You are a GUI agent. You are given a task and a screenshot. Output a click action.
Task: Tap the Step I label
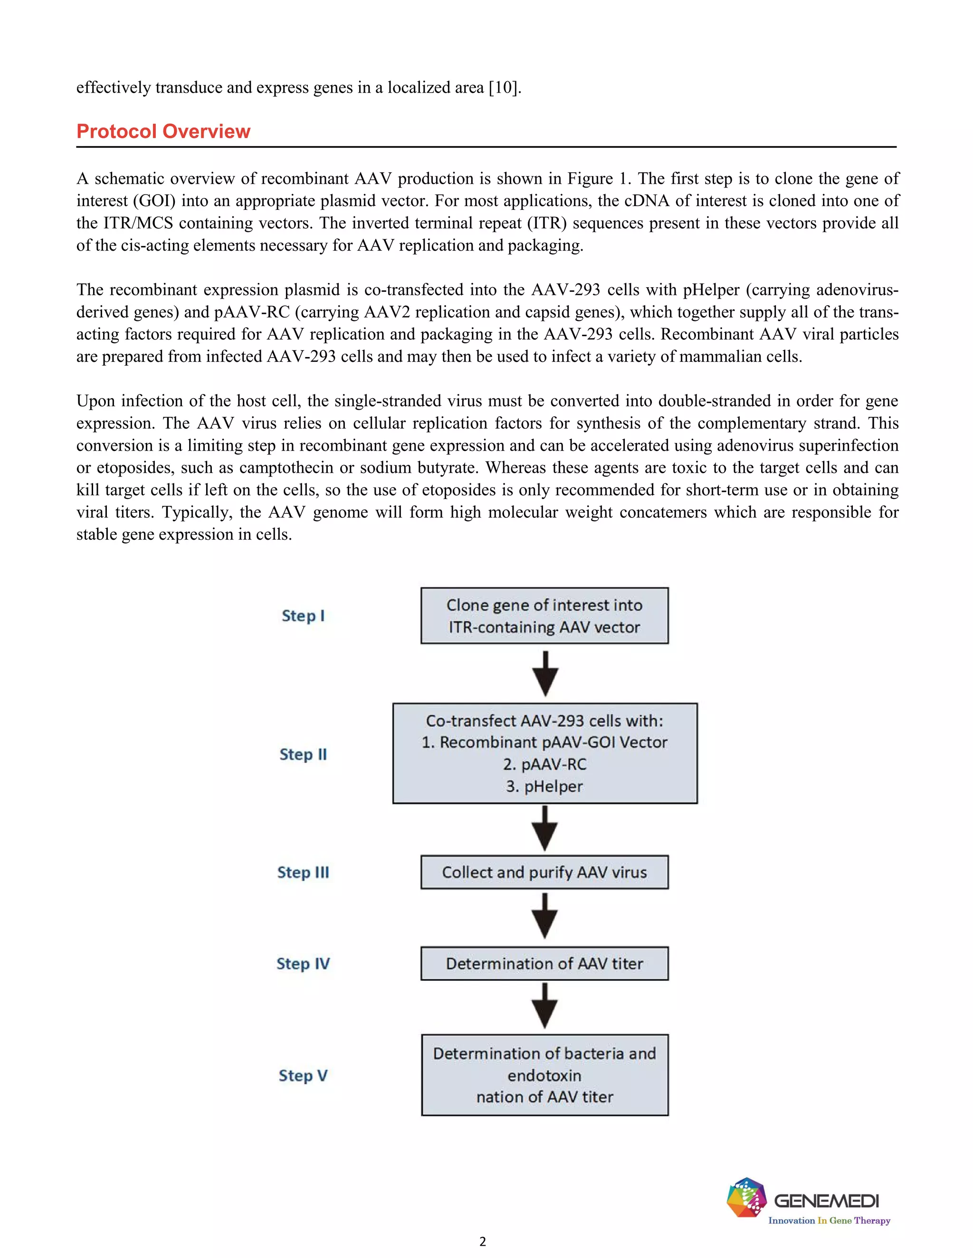[303, 616]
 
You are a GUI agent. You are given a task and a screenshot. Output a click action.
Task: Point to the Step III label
[303, 872]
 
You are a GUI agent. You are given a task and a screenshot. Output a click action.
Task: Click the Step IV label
[303, 964]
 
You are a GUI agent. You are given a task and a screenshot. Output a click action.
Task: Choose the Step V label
[303, 1075]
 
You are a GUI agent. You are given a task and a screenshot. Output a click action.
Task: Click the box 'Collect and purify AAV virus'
[544, 872]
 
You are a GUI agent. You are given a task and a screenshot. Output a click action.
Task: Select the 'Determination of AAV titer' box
[544, 964]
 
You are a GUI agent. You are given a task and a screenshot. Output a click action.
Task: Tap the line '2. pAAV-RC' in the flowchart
[544, 764]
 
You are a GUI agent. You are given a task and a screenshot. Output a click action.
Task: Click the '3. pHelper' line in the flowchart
[544, 786]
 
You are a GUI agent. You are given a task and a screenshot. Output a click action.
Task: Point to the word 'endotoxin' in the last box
[544, 1075]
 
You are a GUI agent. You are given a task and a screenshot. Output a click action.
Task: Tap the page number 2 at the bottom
[483, 1241]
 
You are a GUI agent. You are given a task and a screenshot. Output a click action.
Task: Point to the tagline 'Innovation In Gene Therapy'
[829, 1220]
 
